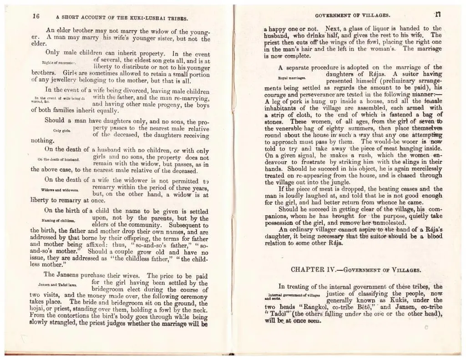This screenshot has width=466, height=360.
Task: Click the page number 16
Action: tap(36, 16)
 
